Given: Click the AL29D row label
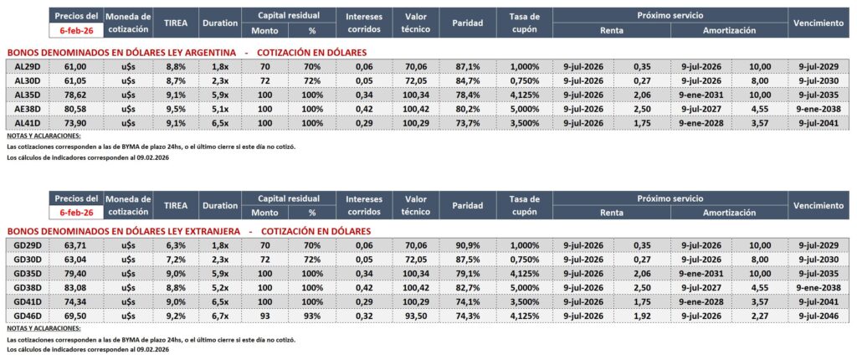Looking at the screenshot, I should click(x=28, y=65).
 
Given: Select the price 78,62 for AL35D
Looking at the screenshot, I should click(x=75, y=95).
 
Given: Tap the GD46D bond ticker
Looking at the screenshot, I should click(x=28, y=316).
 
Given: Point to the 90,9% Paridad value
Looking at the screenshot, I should click(x=468, y=244).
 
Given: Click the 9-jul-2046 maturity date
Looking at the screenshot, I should click(x=818, y=316).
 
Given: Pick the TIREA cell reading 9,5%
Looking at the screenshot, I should click(x=175, y=109).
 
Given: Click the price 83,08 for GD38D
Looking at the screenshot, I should click(x=75, y=287).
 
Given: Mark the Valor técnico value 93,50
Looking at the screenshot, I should click(x=416, y=316).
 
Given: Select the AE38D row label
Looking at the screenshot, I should click(x=28, y=109).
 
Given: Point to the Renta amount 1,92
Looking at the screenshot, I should click(x=643, y=316).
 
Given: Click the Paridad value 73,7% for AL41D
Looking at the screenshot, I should click(x=468, y=123).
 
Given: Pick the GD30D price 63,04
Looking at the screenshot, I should click(x=75, y=259).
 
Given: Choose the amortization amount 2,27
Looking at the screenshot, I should click(x=760, y=316).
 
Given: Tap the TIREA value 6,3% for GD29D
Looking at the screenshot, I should click(x=175, y=244).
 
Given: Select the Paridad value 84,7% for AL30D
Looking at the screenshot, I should click(x=468, y=80).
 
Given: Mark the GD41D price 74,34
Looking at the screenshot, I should click(x=75, y=301).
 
